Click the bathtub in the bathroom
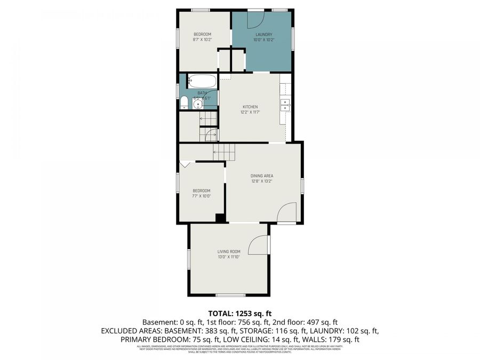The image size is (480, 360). pos(202,81)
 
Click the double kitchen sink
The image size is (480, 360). pos(285,105)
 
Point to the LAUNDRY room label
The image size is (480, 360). pos(263,35)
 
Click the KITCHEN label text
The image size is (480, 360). pos(250,107)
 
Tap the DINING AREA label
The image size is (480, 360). pos(262,175)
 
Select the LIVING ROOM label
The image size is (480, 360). pos(229,252)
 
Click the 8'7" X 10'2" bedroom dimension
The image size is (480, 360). pos(202,39)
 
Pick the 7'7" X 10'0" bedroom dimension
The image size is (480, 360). pos(202,196)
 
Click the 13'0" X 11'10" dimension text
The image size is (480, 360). pos(229,257)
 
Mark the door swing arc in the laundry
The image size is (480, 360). pos(255,19)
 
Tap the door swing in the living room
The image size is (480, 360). pos(260,246)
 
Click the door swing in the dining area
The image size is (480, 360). pos(287,213)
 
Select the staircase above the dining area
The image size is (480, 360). pos(223,151)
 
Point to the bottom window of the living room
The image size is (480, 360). pos(230,295)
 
